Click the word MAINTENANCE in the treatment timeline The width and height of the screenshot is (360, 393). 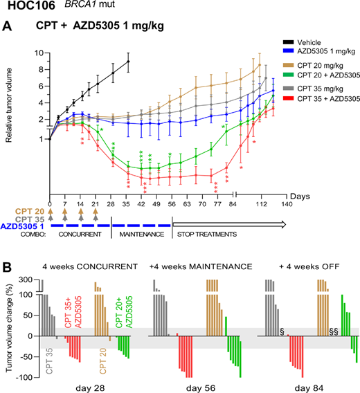pyautogui.click(x=143, y=235)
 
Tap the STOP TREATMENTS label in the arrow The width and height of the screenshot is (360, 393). pyautogui.click(x=206, y=235)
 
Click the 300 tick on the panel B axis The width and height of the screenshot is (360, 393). pyautogui.click(x=26, y=280)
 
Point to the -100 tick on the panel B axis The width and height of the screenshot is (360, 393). pyautogui.click(x=25, y=377)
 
